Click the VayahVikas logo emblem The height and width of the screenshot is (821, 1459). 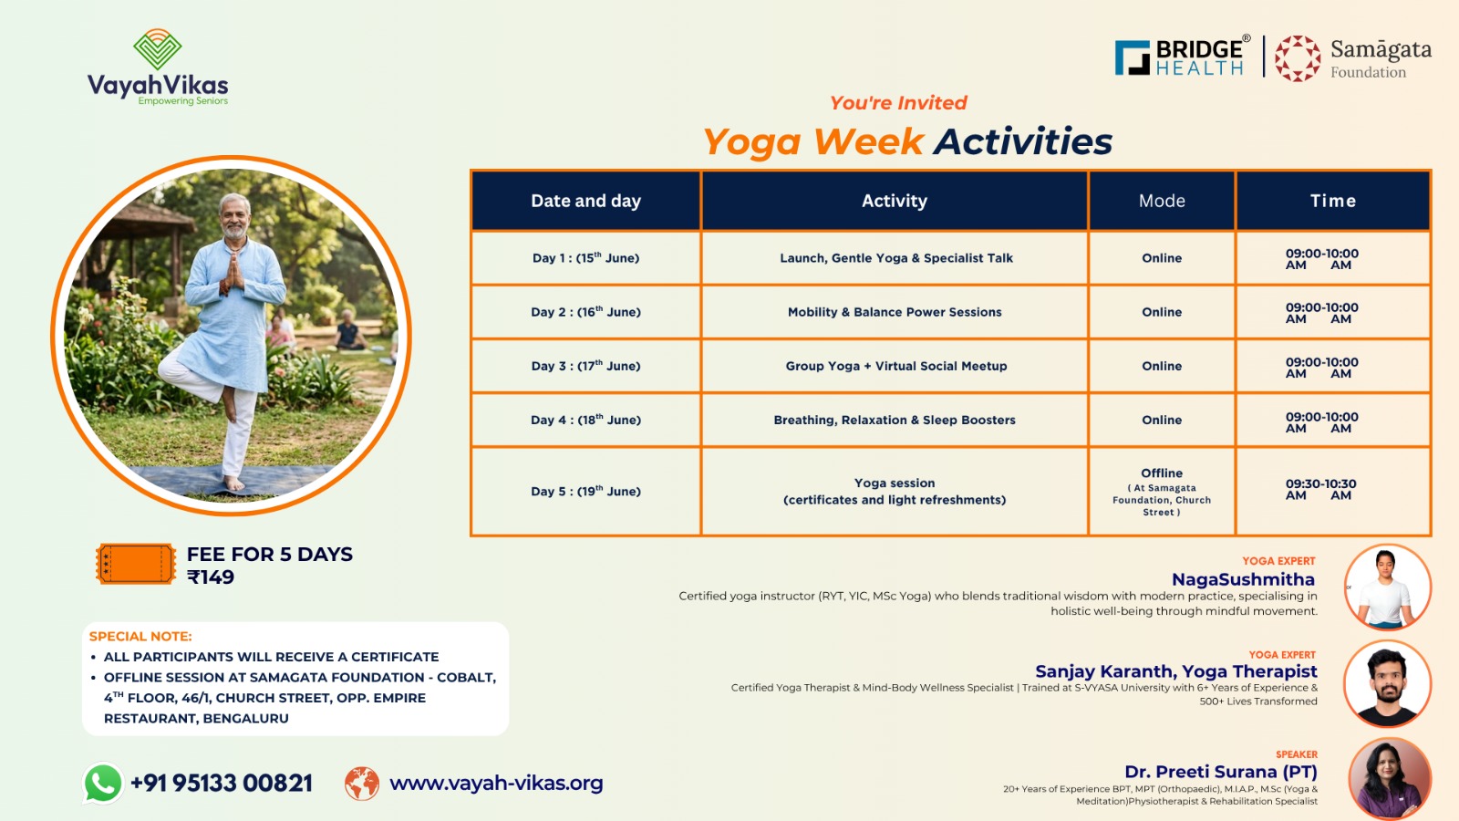(157, 49)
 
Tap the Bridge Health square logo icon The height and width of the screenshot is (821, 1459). (1132, 57)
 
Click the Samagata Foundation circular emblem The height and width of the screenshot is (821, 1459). (1298, 58)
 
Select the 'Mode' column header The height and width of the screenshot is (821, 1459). (1162, 201)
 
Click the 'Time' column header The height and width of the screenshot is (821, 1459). (1332, 201)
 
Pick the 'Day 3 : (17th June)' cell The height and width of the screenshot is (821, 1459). (585, 366)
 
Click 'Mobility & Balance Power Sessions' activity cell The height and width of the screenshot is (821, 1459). (895, 312)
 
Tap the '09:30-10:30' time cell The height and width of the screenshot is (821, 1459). (1321, 489)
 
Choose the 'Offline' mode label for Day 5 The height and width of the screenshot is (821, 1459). (1162, 473)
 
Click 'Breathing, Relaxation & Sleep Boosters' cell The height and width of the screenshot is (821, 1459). (895, 421)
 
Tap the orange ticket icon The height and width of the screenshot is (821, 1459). (136, 564)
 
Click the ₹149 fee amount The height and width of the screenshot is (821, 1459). (211, 577)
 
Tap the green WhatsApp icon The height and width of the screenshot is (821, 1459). (103, 783)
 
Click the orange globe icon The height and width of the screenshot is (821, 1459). (362, 784)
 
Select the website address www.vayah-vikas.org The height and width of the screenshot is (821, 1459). (496, 783)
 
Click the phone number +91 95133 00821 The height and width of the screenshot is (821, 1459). (222, 784)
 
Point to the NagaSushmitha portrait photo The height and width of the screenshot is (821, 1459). (1387, 587)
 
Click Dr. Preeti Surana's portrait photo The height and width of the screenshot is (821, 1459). (1390, 779)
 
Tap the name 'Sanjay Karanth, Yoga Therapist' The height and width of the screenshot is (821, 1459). (1176, 671)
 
